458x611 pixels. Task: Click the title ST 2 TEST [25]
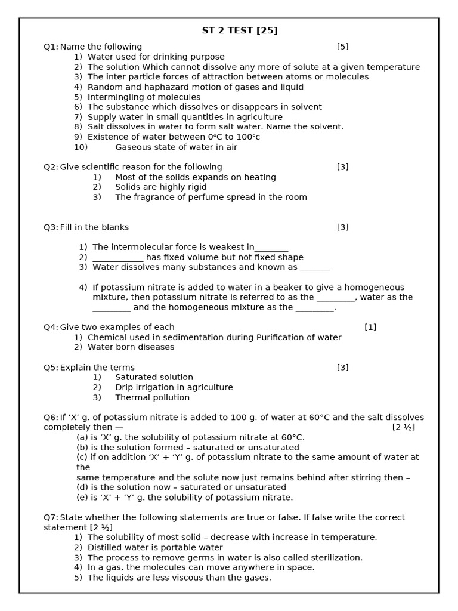point(240,30)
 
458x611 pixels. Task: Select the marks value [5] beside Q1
point(342,47)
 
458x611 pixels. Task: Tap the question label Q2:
point(51,167)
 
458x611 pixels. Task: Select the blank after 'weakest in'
point(271,248)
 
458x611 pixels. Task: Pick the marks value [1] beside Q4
point(370,327)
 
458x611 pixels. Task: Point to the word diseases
point(156,347)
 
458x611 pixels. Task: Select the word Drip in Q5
point(125,387)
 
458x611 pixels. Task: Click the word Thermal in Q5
point(132,397)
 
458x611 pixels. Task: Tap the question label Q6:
point(51,418)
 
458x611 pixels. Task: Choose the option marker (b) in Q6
point(82,448)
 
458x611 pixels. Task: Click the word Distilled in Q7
point(106,547)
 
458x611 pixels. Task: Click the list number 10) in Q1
point(81,147)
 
